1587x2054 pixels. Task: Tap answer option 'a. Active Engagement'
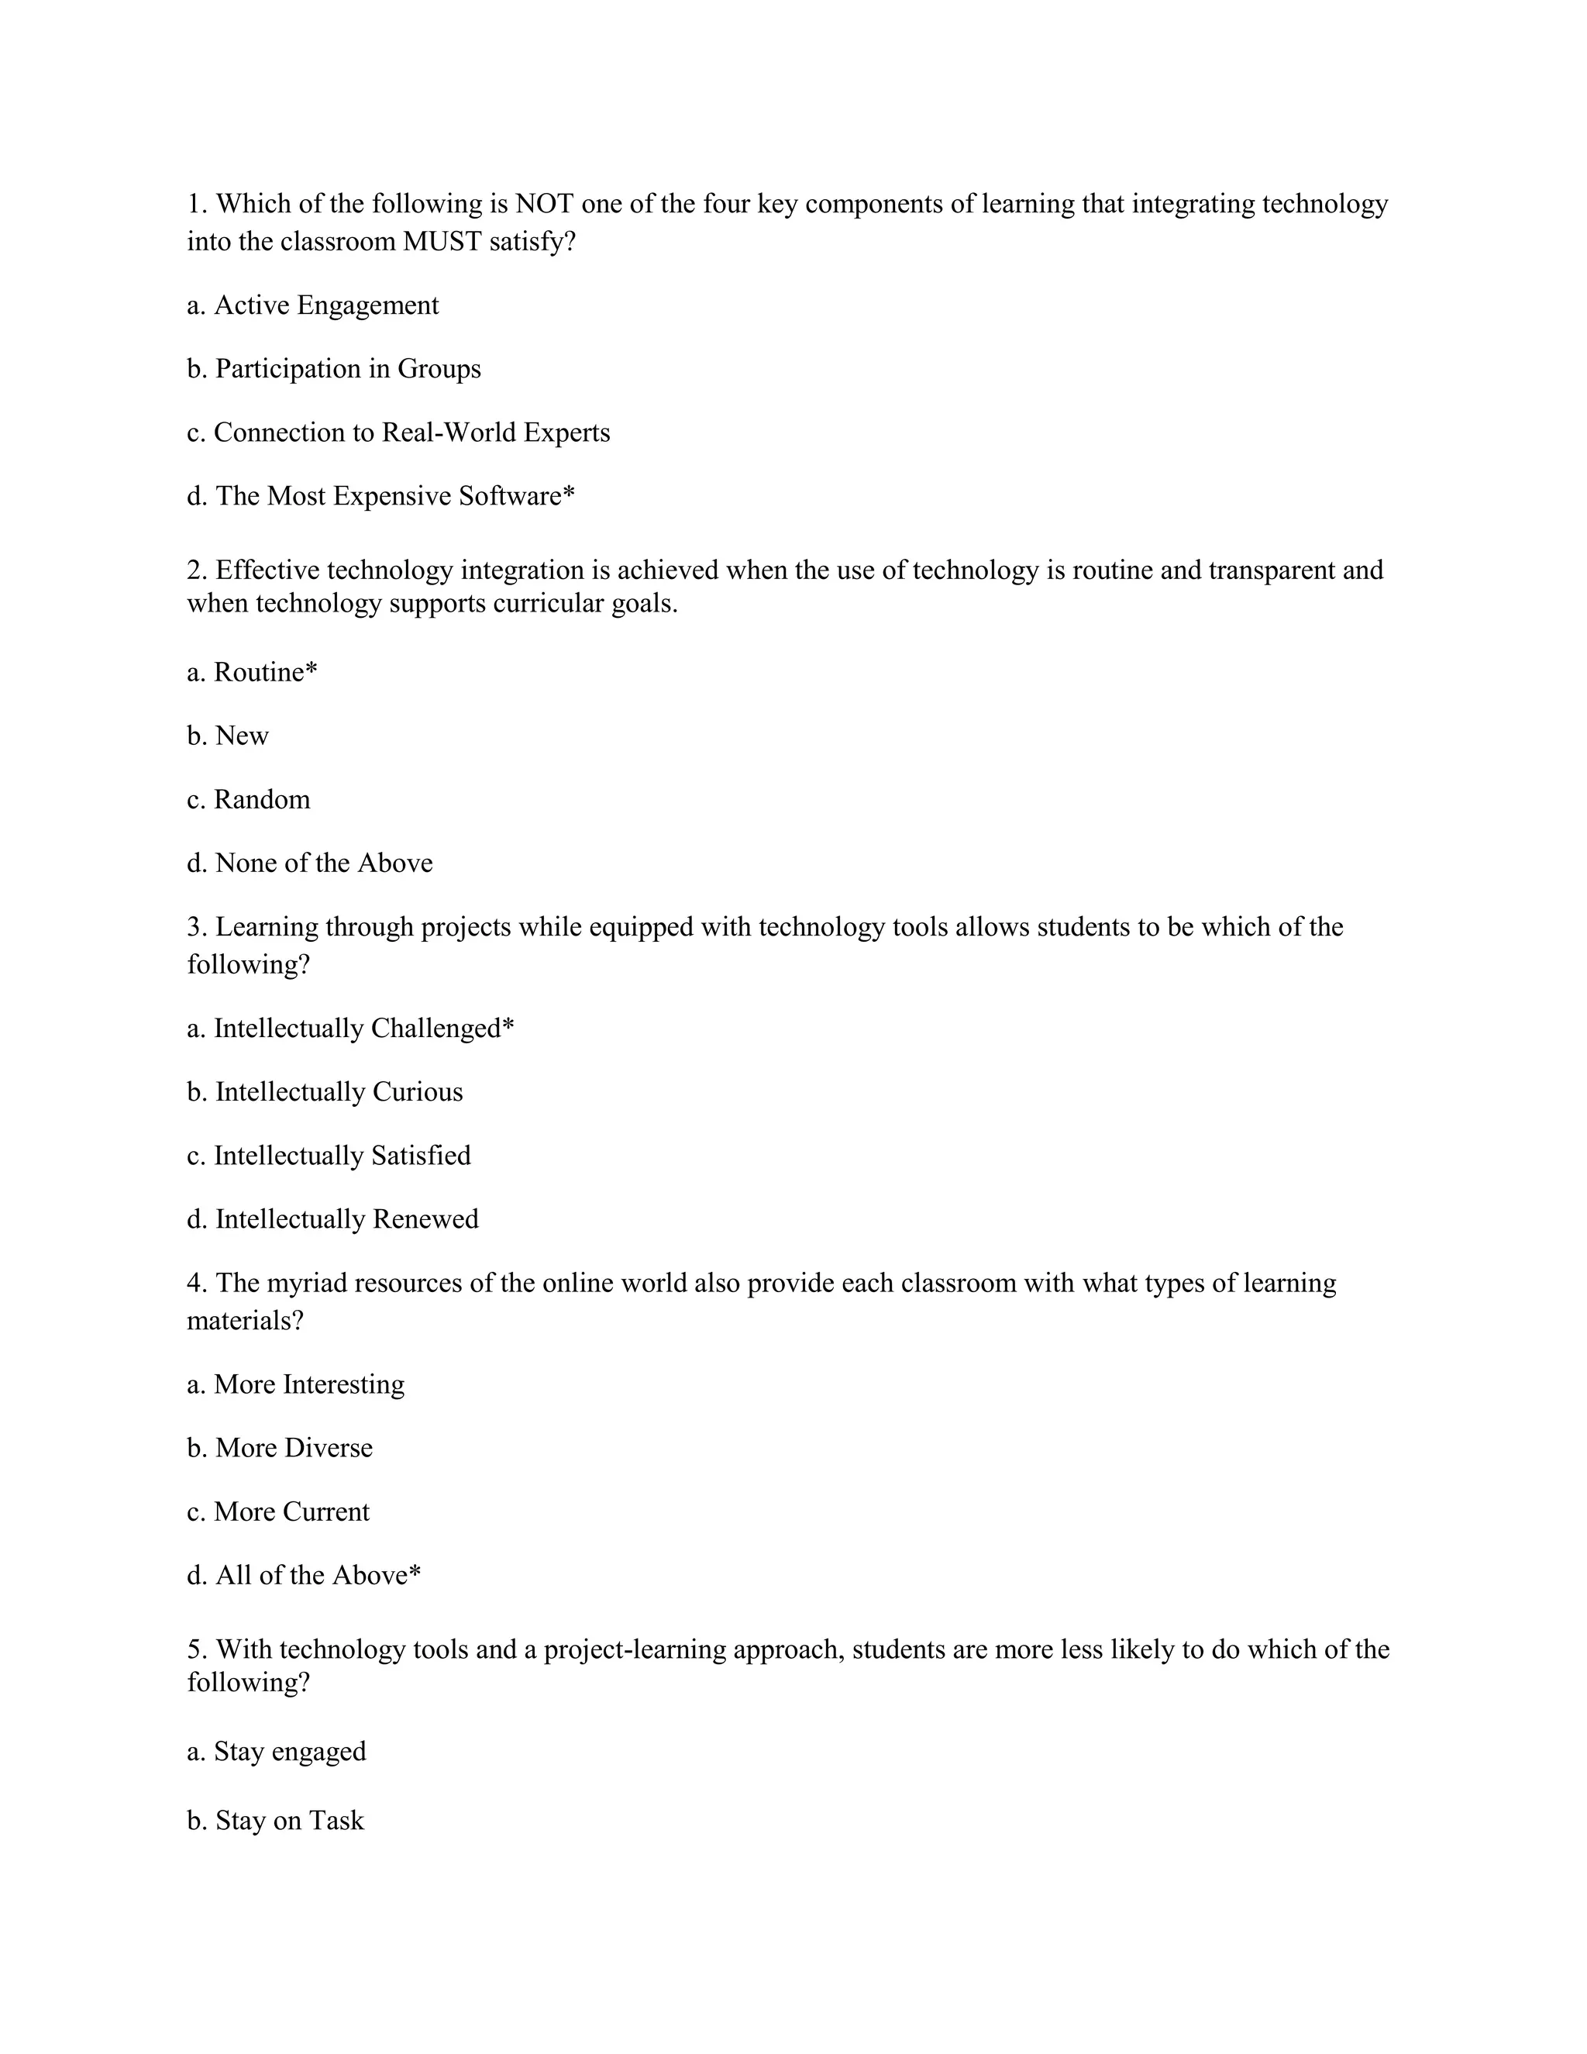(313, 305)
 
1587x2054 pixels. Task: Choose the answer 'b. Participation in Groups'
(334, 369)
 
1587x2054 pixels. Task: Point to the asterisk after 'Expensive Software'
(568, 493)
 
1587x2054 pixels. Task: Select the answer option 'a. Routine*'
(252, 673)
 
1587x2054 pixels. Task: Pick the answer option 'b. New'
(228, 736)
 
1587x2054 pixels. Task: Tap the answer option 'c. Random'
(248, 799)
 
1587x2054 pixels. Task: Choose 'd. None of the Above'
(309, 863)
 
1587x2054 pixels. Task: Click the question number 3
(195, 927)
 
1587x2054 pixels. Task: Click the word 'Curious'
(418, 1092)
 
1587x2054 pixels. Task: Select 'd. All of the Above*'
(304, 1575)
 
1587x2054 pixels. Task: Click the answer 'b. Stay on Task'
(274, 1821)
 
